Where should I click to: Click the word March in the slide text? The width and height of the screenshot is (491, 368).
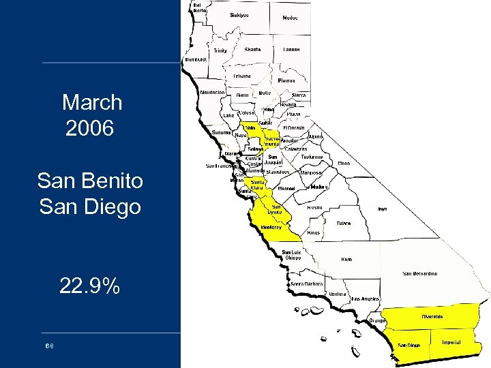92,103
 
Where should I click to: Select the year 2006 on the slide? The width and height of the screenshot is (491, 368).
89,128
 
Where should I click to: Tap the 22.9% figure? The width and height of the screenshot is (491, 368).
89,287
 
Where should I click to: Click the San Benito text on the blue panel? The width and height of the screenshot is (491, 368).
90,181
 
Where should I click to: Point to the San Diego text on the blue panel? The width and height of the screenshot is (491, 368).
90,205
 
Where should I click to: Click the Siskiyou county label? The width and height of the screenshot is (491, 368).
239,14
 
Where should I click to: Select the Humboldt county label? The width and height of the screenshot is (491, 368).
195,60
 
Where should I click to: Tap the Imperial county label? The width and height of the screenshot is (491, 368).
451,342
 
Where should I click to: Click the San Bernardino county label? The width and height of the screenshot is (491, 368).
420,273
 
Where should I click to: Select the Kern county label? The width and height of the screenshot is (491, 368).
347,259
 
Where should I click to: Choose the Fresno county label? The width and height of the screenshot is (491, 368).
314,206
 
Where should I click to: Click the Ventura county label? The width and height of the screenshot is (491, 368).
338,294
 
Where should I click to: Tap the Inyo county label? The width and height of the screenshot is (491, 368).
383,209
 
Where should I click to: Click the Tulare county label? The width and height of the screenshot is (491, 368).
343,222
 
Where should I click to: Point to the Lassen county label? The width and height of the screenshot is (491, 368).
291,50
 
